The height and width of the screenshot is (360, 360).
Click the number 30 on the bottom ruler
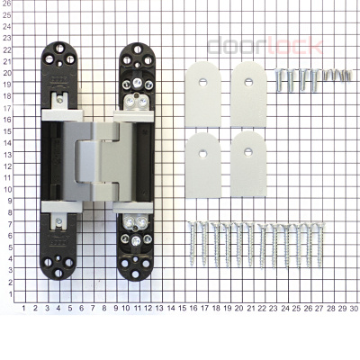354,308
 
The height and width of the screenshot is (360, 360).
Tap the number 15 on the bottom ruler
183,308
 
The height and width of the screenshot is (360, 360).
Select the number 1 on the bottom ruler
23,308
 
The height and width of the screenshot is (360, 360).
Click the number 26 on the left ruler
7,5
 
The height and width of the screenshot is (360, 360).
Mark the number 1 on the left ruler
7,293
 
